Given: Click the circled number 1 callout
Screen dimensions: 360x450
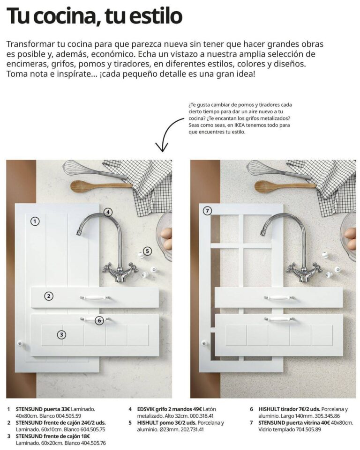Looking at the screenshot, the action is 35,221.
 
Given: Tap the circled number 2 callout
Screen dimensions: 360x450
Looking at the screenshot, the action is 49,296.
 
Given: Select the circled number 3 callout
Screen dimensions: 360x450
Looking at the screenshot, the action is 61,334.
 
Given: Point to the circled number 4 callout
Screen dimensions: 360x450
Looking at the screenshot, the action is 108,212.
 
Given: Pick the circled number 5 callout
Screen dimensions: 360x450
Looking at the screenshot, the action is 147,251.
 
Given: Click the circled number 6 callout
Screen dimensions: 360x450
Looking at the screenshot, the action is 99,320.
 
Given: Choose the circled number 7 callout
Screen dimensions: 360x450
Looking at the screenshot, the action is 207,211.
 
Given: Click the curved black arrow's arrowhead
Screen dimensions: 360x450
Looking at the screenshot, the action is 163,150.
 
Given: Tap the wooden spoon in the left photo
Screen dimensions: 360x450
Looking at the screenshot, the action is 101,186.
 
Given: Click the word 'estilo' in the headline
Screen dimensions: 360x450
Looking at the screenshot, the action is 156,16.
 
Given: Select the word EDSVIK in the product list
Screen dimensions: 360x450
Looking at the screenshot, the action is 147,409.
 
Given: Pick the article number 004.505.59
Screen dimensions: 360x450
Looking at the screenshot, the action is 68,416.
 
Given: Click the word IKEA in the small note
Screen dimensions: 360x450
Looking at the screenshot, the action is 240,125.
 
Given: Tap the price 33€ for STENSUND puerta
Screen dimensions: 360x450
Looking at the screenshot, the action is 65,409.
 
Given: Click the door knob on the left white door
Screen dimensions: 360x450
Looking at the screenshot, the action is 20,343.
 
